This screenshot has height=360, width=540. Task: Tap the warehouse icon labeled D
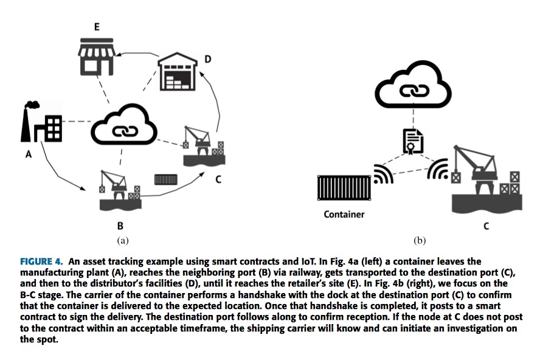179,72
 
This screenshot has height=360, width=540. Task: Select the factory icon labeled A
41,125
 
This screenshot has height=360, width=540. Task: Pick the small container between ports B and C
165,179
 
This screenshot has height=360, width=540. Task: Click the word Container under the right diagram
344,214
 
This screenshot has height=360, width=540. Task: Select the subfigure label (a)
122,240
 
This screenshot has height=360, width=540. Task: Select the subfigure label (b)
419,240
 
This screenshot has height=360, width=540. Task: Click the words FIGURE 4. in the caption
41,261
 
